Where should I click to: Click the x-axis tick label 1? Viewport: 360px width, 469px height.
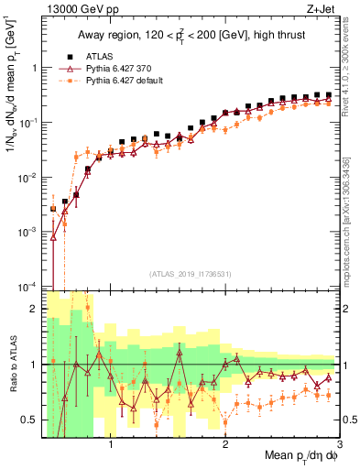111,443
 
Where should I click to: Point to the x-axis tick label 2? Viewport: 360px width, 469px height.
225,443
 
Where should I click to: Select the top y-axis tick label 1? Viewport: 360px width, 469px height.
36,68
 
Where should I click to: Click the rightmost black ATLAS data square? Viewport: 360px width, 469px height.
328,94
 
